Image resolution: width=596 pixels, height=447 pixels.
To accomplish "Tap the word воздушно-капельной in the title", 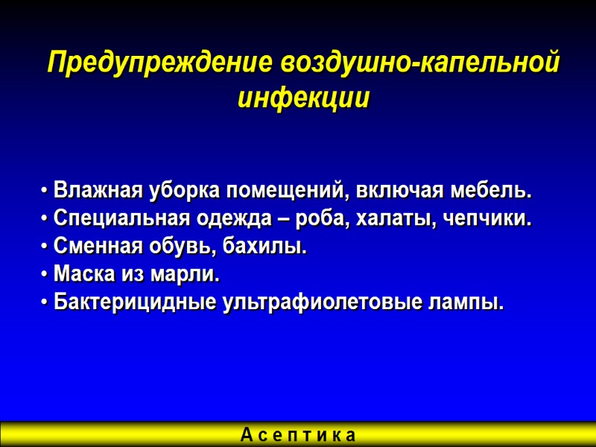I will [419, 64].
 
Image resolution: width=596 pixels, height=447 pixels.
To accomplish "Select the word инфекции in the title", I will [303, 98].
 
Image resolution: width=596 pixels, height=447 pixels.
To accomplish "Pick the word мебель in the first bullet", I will [488, 191].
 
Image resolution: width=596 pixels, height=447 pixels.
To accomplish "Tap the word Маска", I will [79, 275].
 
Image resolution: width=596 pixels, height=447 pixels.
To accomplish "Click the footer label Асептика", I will [298, 434].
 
